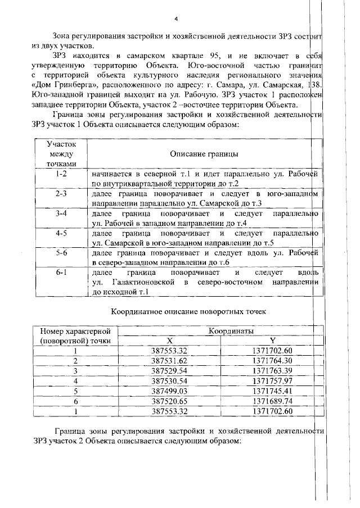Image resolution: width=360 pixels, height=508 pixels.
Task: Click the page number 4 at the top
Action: pos(176,19)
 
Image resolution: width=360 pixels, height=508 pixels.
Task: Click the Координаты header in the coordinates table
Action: pos(231,332)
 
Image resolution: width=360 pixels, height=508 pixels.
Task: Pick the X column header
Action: pos(169,341)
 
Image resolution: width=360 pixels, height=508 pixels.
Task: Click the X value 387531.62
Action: pos(169,360)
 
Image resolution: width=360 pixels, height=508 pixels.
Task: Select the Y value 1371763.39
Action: pos(273,370)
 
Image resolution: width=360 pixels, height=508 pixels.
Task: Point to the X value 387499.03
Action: pos(169,391)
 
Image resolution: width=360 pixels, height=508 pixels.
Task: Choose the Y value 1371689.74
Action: pos(273,401)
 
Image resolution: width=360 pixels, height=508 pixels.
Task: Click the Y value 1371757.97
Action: pos(273,380)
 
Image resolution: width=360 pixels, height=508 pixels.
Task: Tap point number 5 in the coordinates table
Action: pos(75,391)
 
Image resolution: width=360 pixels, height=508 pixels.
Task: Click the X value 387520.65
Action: pos(169,401)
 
